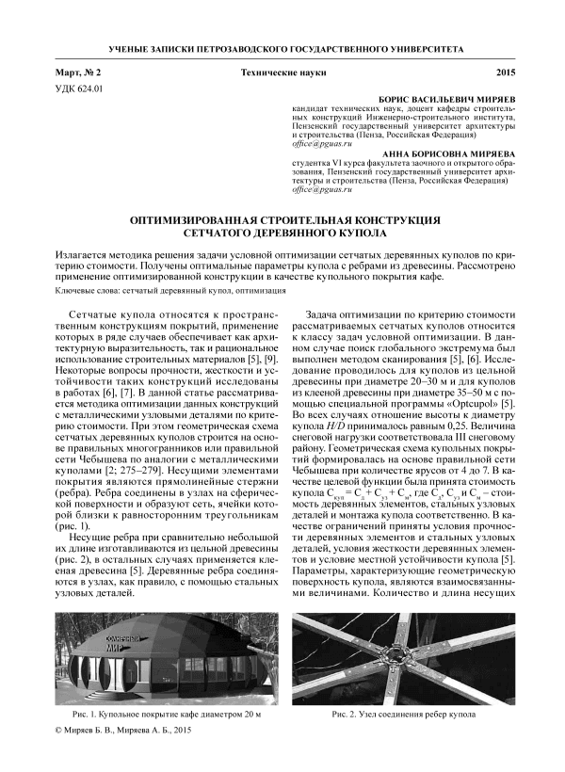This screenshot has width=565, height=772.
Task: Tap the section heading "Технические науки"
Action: coord(282,72)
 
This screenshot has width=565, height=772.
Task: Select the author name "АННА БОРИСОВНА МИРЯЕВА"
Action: coord(449,152)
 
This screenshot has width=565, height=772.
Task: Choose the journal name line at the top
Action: coord(282,46)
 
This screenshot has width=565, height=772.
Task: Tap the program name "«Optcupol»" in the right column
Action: coord(479,405)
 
